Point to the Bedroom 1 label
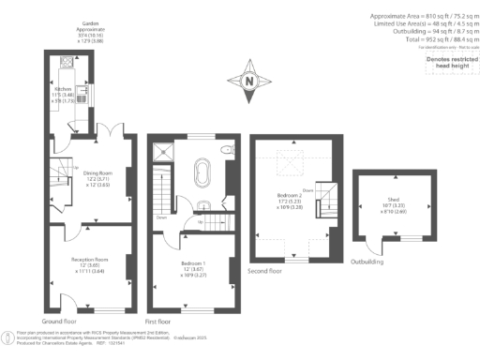pos(195,269)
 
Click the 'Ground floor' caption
pos(60,320)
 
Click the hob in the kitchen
pos(67,65)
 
